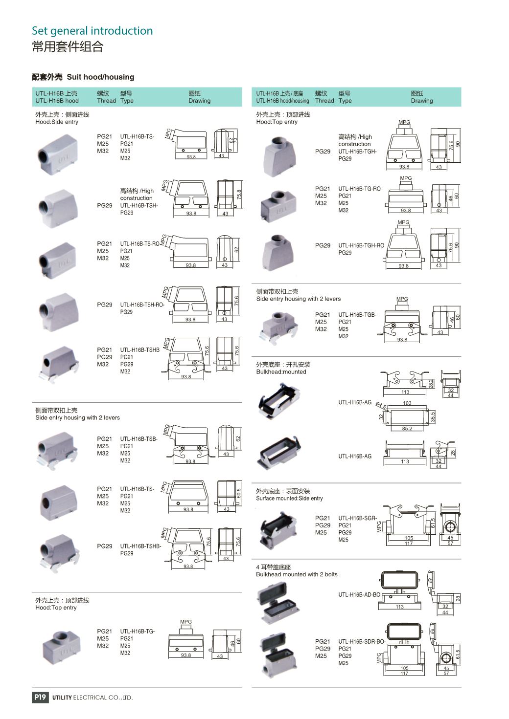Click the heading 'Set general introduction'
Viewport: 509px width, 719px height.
[92, 31]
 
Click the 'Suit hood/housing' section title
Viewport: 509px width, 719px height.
[100, 77]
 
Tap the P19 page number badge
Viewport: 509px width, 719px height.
[40, 697]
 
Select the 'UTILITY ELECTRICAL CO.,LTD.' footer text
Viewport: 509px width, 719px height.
[93, 697]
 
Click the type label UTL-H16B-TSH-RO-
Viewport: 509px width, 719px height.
[142, 305]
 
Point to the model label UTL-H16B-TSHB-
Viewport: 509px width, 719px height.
[140, 546]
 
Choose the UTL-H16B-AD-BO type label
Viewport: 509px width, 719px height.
[359, 595]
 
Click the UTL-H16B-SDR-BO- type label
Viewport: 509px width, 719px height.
[362, 641]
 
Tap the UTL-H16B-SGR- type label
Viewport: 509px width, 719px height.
[358, 518]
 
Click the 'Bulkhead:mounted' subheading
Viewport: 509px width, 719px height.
[281, 372]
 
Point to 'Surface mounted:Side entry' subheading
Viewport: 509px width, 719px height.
[289, 499]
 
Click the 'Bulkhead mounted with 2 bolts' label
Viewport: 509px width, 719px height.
[297, 574]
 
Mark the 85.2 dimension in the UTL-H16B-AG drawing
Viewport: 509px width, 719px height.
[407, 429]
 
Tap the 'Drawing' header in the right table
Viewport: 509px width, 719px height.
[422, 101]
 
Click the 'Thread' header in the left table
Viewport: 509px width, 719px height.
[106, 101]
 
